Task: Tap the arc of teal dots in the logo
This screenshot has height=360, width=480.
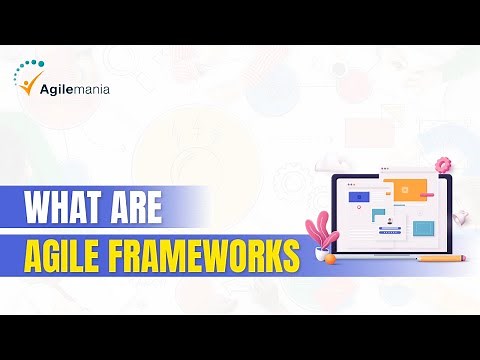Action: click(x=29, y=68)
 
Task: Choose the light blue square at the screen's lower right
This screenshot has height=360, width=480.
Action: click(x=424, y=228)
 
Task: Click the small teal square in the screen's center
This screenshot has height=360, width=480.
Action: click(x=379, y=214)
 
